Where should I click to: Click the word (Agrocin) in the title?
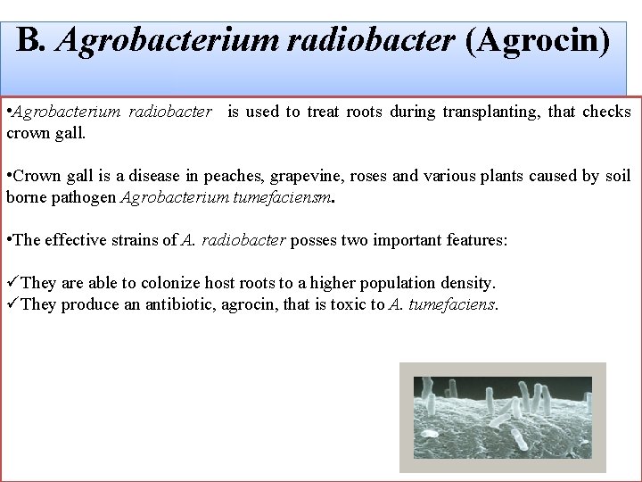[538, 40]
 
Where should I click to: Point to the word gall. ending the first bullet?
[70, 133]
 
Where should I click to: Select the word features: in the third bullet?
[476, 240]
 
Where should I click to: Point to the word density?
[465, 283]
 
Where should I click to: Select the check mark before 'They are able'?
[12, 283]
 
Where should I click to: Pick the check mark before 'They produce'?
[12, 304]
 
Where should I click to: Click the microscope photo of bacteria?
[502, 416]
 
